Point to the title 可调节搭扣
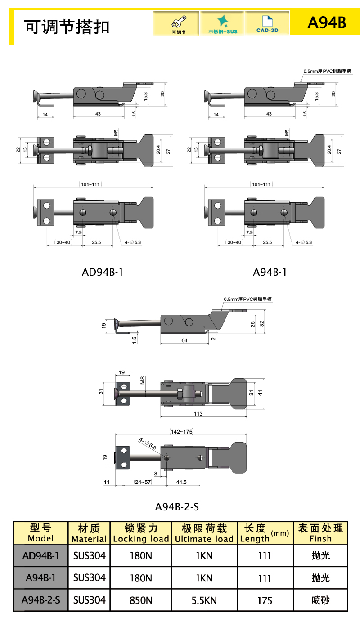click(x=67, y=27)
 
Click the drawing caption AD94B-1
click(x=103, y=272)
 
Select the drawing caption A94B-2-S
click(x=177, y=507)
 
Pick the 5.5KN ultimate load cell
click(x=204, y=600)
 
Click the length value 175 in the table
click(x=265, y=600)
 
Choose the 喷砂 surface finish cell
click(x=320, y=600)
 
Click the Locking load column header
click(x=141, y=533)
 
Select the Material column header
click(x=89, y=533)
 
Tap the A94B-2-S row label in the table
click(x=40, y=600)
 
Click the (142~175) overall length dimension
click(x=181, y=431)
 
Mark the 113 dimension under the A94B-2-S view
click(x=198, y=413)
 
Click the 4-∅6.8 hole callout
click(x=148, y=444)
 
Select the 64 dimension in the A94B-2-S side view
click(x=184, y=340)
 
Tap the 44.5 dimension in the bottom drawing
click(x=182, y=482)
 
